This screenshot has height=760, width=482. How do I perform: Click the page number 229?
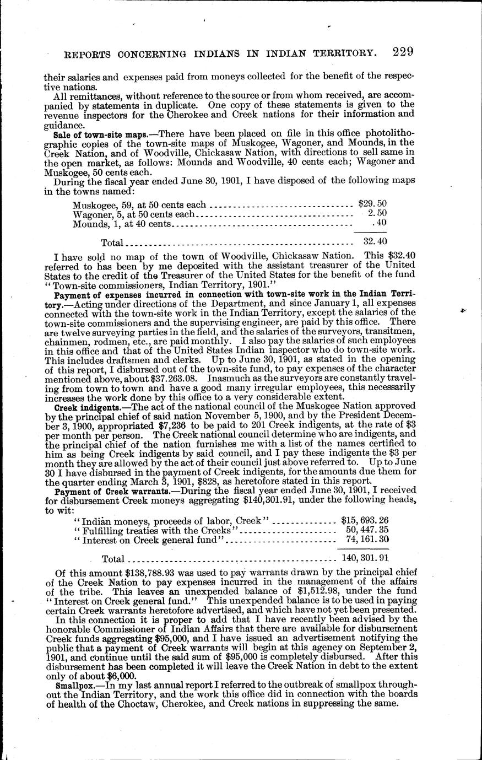point(403,52)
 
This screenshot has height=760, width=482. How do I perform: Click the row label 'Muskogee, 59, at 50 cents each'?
point(139,205)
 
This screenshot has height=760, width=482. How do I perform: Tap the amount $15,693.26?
point(365,520)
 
